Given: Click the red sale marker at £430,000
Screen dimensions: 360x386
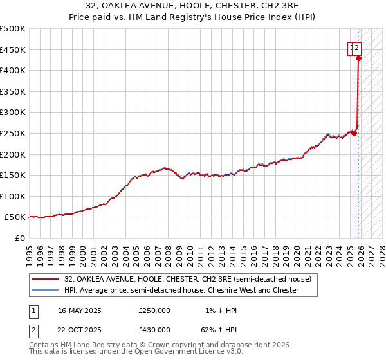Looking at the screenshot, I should tap(358, 58).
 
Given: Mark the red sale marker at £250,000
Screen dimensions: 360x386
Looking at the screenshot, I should tap(354, 133).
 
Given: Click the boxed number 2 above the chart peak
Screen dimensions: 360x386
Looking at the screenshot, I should tap(356, 46).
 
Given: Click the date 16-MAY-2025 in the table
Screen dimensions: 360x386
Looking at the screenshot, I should tap(80, 310).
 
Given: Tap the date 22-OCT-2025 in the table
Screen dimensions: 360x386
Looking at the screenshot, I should tap(80, 330).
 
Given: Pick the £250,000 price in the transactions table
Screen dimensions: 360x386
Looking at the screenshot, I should tap(154, 310).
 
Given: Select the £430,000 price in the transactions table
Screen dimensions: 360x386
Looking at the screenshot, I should tap(154, 330).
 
